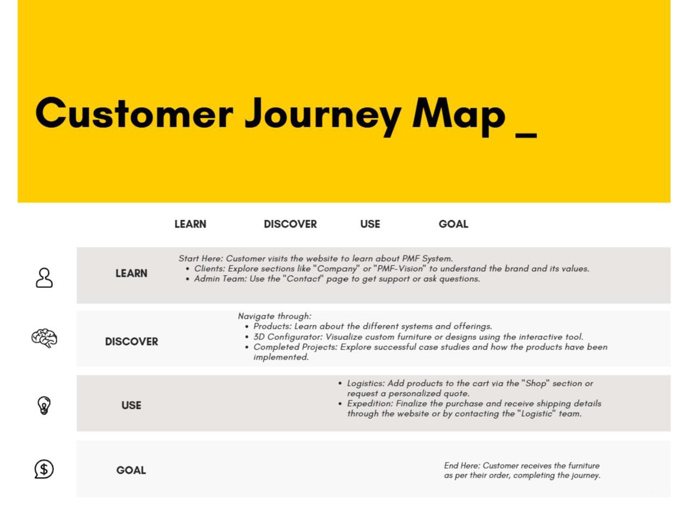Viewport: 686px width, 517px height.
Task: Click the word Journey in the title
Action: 323,116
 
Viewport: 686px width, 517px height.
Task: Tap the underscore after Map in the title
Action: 526,136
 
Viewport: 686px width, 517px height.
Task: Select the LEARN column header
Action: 190,224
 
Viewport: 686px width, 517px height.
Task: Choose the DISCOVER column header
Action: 290,224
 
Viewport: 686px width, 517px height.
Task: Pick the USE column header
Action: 370,224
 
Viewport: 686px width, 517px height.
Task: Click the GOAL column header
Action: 453,224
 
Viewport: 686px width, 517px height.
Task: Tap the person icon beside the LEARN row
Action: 44,277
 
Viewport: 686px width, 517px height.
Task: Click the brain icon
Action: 44,338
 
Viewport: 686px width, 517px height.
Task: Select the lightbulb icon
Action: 44,405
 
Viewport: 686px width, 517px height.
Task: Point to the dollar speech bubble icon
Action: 44,469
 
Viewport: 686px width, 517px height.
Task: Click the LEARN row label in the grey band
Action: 131,273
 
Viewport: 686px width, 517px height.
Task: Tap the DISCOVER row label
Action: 131,342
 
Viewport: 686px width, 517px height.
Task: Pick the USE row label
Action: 131,405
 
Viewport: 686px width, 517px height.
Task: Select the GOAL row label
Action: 131,470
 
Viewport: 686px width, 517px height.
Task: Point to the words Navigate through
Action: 275,316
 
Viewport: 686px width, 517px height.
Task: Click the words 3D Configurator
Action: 288,337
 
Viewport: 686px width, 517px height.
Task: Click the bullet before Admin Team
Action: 187,279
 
